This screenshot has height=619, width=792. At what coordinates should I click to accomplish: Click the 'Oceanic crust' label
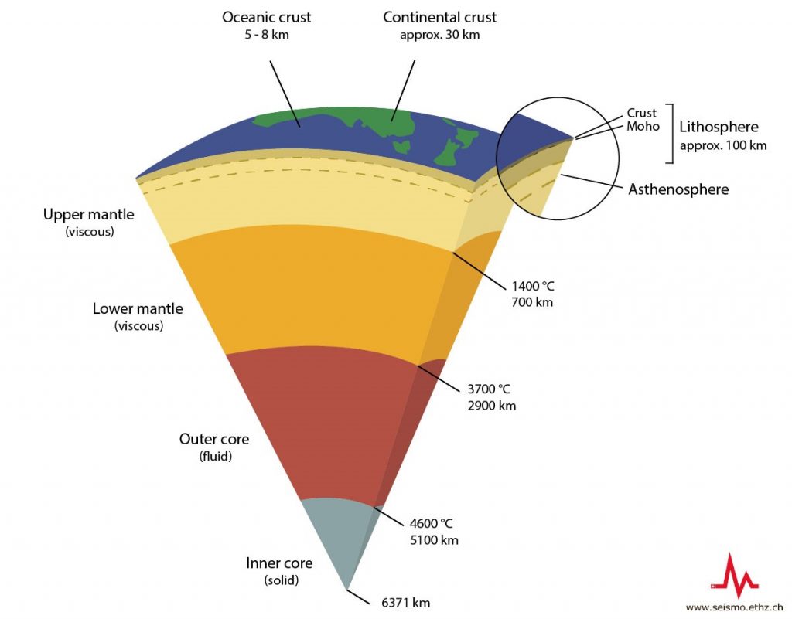(x=267, y=17)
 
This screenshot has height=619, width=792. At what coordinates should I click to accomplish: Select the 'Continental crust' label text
(x=439, y=17)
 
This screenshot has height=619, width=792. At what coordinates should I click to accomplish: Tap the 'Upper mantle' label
(x=88, y=214)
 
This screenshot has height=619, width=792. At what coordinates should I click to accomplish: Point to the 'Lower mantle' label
(x=138, y=308)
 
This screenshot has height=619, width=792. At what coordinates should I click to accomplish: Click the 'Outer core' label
(x=214, y=439)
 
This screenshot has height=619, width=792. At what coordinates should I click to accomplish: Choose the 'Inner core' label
(x=279, y=563)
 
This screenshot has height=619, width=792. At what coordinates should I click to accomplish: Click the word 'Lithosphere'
(x=719, y=127)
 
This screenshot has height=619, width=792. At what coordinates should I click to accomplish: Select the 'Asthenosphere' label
(x=678, y=189)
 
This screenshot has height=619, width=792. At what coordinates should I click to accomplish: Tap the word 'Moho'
(x=643, y=126)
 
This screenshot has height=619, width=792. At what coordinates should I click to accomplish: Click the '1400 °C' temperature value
(x=533, y=287)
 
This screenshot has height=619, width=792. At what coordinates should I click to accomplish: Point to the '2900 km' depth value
(x=492, y=406)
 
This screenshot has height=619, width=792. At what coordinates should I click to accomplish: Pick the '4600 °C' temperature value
(x=431, y=524)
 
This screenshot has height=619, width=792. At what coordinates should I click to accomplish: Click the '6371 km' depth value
(x=405, y=602)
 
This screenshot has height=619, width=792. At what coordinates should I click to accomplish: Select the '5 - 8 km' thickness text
(x=267, y=35)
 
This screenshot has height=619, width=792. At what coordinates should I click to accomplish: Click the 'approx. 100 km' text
(x=723, y=146)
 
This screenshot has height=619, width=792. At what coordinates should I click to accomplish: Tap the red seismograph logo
(x=735, y=576)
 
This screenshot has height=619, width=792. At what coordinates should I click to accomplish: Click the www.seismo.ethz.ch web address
(x=735, y=608)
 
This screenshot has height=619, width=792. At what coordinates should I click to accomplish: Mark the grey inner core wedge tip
(x=347, y=589)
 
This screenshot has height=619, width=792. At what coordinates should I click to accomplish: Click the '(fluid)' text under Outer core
(x=215, y=457)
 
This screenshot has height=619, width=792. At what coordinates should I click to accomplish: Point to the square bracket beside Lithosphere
(x=672, y=134)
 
